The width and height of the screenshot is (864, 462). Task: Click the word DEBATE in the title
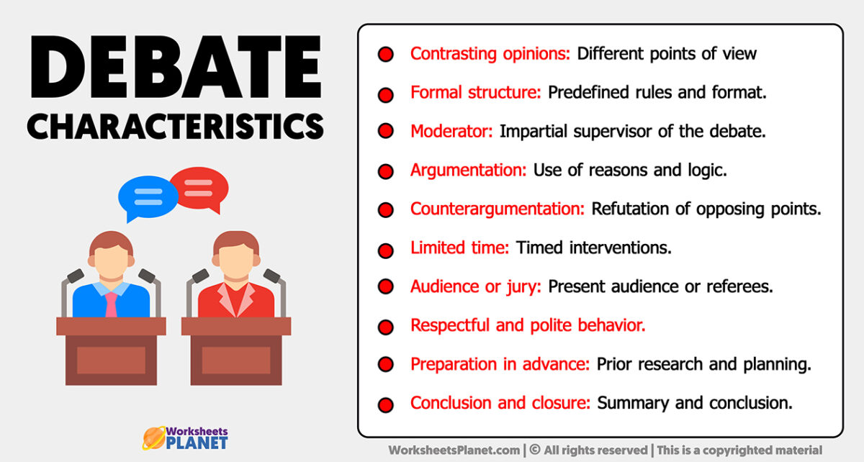coord(176,67)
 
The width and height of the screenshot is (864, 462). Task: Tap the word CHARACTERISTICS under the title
coord(176,127)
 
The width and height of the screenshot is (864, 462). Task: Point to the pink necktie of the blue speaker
coord(111,304)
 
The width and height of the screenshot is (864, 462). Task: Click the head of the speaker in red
coord(236,255)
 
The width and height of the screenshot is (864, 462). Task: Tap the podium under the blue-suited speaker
coord(111,351)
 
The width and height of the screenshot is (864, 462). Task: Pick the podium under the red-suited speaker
coord(236,351)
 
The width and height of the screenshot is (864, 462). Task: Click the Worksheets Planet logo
coord(186,438)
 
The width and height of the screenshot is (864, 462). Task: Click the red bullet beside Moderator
coord(386,131)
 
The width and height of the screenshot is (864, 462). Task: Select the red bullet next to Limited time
coord(386,250)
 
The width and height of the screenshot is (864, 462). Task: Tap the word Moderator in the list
coord(451,131)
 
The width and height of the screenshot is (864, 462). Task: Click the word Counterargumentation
coord(498,209)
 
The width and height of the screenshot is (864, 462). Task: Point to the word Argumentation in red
coord(468,171)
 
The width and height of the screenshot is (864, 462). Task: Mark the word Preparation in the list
coord(454,364)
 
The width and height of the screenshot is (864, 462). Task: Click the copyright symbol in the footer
coord(534,450)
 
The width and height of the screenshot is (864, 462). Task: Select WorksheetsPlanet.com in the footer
coord(454,450)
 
